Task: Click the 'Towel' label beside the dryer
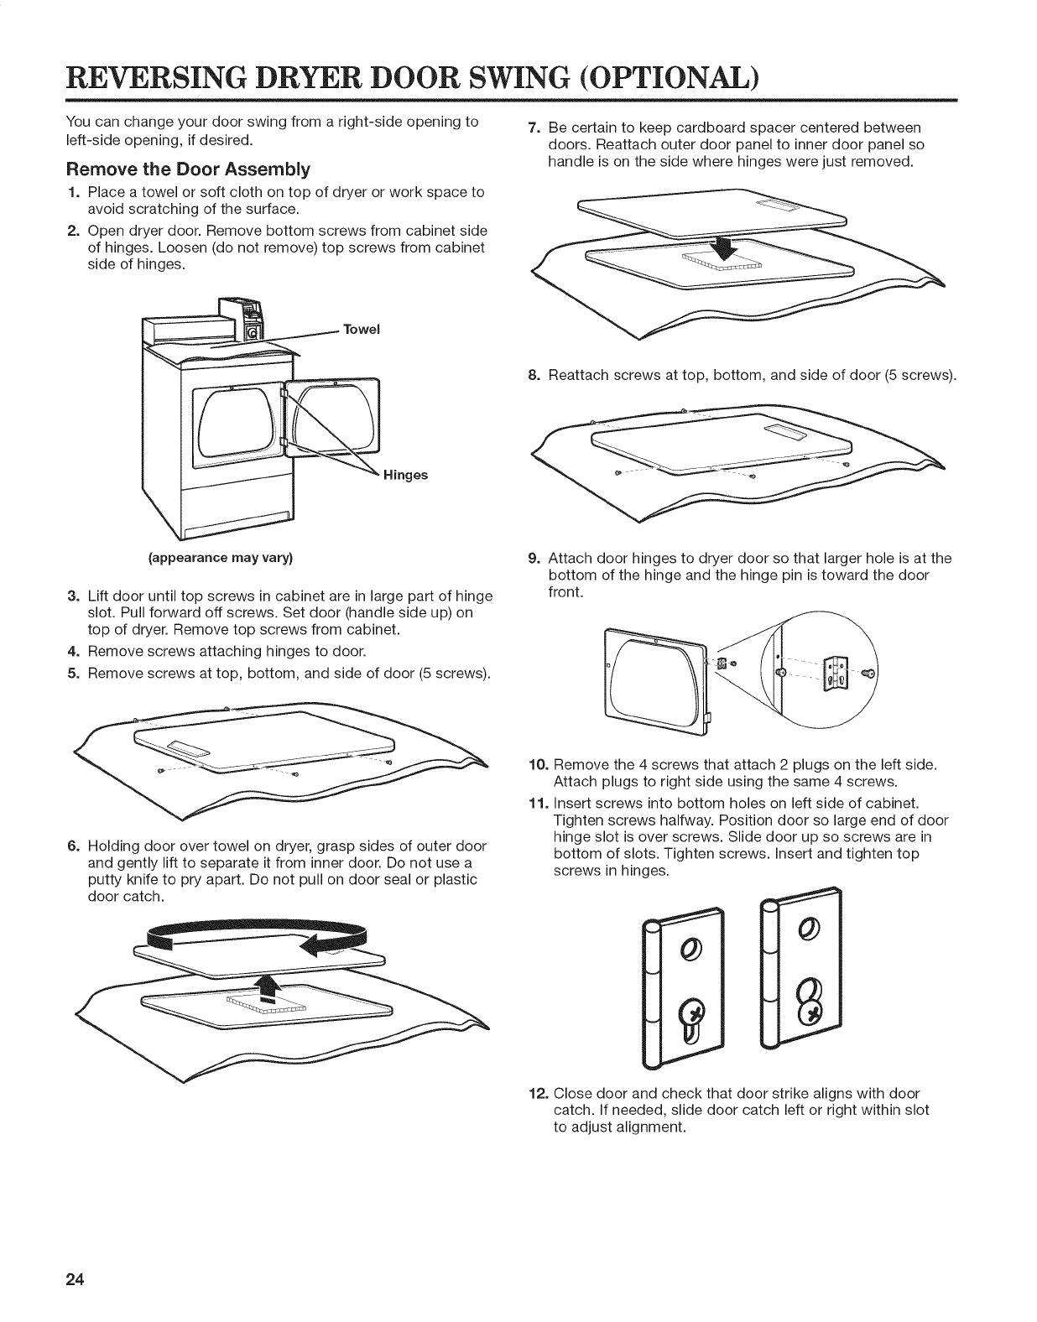(362, 330)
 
